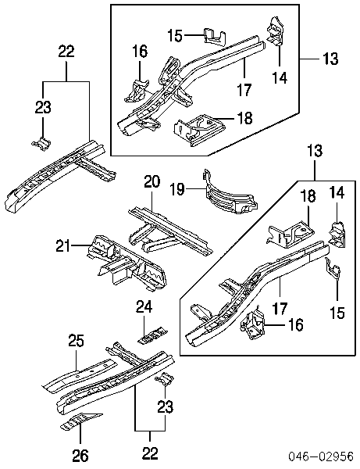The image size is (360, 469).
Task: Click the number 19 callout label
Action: pos(177,189)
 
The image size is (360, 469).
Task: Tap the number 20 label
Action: pos(152,182)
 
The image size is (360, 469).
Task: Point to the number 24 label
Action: pos(144,307)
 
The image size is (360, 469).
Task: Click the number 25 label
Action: pos(77,341)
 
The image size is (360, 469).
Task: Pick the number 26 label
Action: pos(80,455)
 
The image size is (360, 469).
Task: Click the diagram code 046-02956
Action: pos(321,456)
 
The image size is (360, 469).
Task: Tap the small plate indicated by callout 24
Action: pos(152,335)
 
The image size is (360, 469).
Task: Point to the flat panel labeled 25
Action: pos(79,375)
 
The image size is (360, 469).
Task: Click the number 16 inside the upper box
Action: pos(140,51)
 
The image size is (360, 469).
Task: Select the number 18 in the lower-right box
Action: pos(308,196)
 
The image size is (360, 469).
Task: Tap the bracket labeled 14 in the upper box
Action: pos(275,30)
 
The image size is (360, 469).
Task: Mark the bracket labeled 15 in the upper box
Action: pos(215,37)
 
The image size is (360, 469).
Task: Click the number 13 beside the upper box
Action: pos(330,59)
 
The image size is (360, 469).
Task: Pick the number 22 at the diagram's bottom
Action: pos(150,453)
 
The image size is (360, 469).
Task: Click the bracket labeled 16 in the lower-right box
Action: pos(252,325)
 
